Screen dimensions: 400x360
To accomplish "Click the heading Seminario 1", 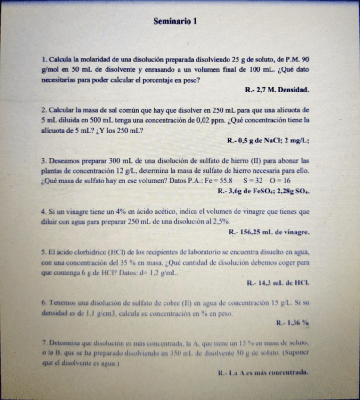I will (175, 21).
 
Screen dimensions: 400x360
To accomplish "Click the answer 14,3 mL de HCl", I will (278, 283).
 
